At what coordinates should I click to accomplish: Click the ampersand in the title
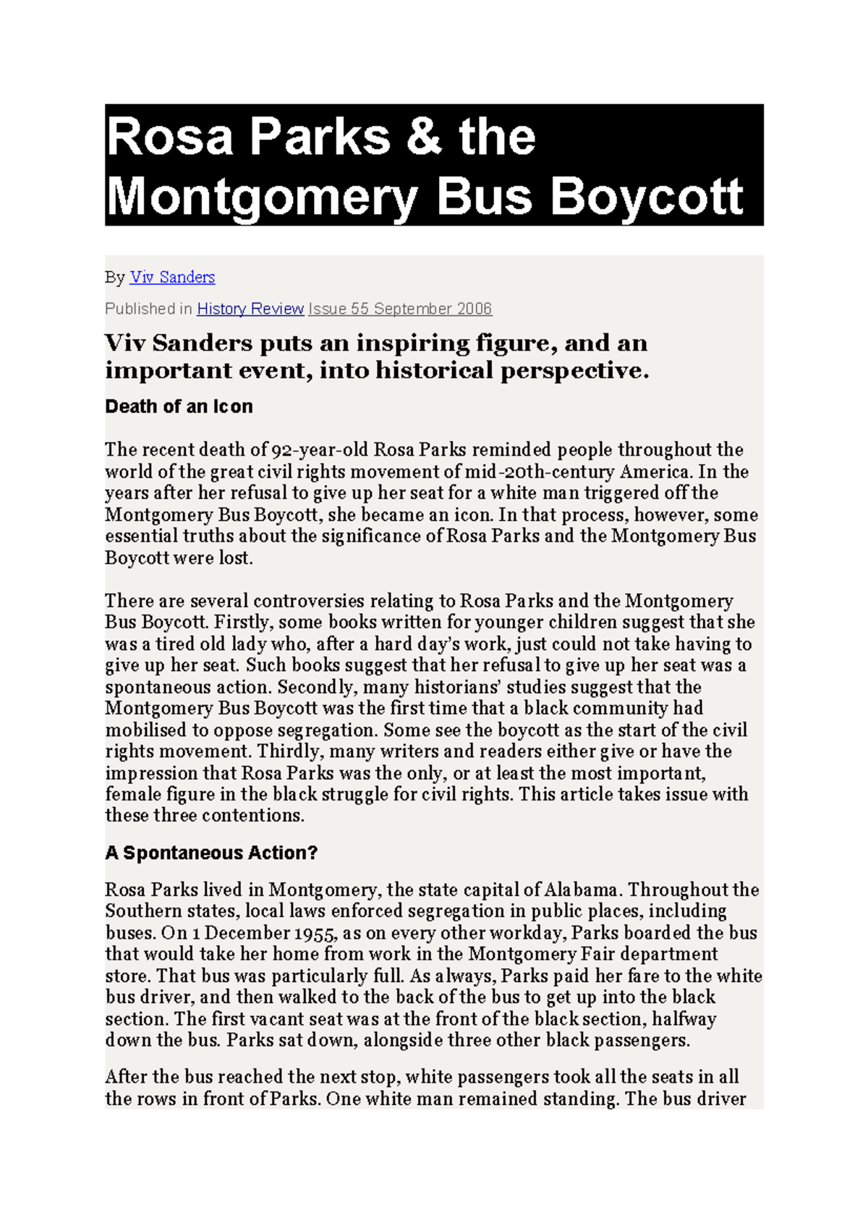coord(424,137)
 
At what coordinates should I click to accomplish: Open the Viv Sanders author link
coord(172,277)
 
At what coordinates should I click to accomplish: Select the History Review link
coord(250,309)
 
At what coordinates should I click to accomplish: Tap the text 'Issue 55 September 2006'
coord(400,309)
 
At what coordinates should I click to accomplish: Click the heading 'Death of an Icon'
coord(179,406)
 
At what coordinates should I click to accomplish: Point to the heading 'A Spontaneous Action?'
coord(211,853)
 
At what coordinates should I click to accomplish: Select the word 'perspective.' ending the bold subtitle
coord(575,370)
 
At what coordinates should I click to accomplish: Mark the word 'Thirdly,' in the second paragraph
coord(290,751)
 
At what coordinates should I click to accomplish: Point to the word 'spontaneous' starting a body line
coord(152,687)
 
